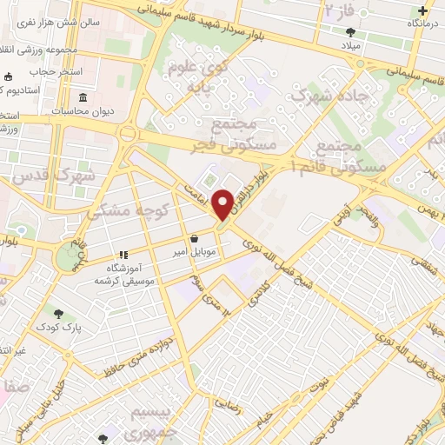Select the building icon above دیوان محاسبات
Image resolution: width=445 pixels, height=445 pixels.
(83, 96)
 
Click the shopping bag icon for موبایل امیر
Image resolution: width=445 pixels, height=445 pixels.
(193, 238)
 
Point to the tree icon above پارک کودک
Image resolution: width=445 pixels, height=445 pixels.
(58, 313)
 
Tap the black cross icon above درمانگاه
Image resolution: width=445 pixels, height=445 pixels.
(422, 11)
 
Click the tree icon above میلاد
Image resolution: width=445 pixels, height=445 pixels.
(350, 32)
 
